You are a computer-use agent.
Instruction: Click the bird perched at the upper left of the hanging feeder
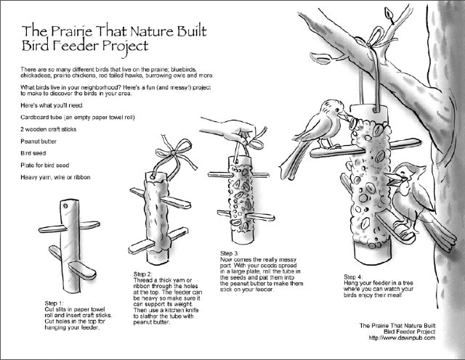[x=314, y=127]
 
